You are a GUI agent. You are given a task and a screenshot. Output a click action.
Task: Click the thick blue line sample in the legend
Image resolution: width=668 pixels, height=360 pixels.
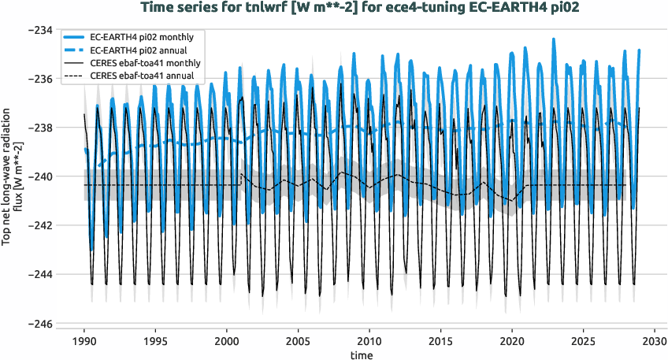point(76,37)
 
